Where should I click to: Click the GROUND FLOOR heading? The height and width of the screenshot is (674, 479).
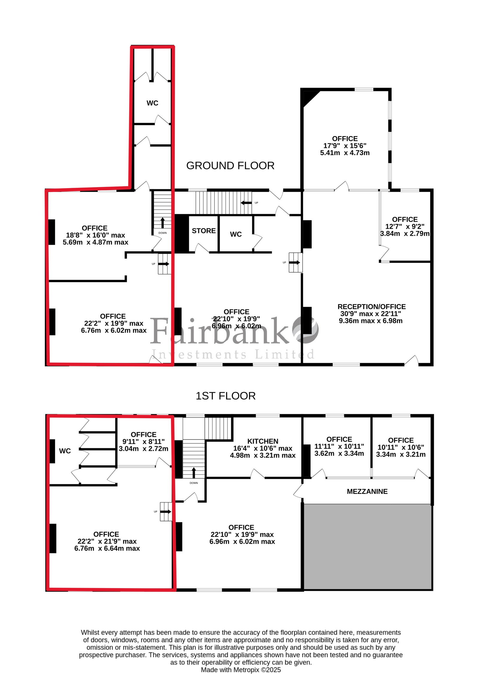pos(230,166)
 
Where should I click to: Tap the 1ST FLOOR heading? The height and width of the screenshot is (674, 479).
pos(225,396)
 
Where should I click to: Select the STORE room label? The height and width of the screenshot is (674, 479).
pos(204,231)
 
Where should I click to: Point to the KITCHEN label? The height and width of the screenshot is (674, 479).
pos(263,441)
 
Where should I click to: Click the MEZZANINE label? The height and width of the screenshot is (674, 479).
pos(367,491)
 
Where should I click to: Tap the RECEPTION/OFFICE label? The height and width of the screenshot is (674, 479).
pos(372,307)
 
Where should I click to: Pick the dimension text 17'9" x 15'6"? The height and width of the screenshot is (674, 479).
pos(345,146)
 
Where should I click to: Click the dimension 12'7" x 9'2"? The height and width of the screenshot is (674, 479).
pos(405,227)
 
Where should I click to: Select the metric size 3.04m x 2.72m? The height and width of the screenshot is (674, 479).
pos(143,449)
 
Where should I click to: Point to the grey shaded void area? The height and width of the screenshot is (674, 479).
pos(368,547)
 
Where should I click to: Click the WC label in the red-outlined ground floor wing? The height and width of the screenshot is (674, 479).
pos(152,103)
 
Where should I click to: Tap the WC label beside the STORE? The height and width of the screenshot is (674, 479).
pos(236,234)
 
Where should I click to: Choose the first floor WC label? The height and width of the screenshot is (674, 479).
pos(65,451)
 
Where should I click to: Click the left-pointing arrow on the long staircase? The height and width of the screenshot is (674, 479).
pos(246,203)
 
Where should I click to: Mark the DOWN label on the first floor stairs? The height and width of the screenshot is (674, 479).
pos(194,483)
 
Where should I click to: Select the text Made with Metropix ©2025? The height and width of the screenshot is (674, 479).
pos(241,670)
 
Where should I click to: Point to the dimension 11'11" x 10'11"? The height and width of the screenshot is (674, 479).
pos(339,446)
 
